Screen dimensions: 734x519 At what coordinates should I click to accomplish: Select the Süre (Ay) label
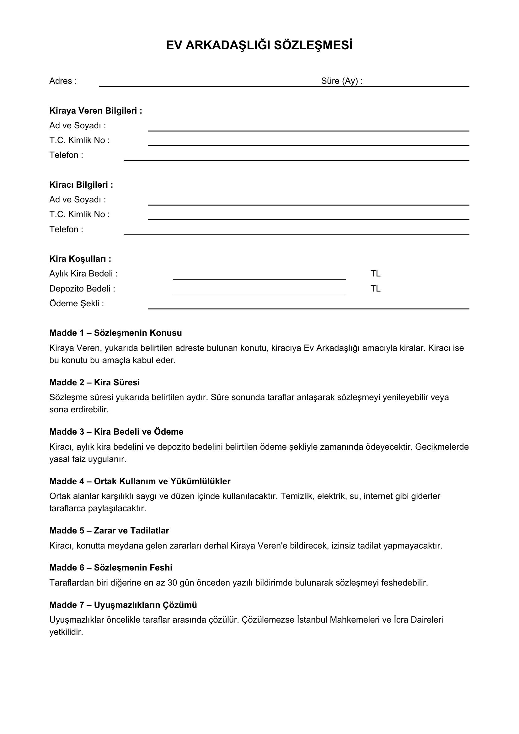pos(342,81)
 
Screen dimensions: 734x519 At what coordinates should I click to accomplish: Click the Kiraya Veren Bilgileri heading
pos(96,111)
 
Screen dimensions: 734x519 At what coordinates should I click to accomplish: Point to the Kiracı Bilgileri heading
pos(81,185)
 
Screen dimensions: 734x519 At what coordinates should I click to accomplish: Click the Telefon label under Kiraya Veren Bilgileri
pos(66,155)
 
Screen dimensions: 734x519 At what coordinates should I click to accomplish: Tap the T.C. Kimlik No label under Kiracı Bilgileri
pos(79,215)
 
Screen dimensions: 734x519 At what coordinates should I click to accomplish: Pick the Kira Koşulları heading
pos(80,259)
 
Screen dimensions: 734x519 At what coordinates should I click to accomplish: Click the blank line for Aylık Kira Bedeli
pos(259,277)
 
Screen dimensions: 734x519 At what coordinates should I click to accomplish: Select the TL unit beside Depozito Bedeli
pos(376,289)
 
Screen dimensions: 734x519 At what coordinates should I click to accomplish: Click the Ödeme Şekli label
pos(77,304)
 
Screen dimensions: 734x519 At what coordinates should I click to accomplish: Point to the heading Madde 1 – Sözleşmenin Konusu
pos(115,333)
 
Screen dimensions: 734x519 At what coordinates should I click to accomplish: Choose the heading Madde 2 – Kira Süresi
pos(94,383)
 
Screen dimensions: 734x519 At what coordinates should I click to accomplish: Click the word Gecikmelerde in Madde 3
pos(442,447)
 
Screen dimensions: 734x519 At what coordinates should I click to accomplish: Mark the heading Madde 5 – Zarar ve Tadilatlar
pos(109,531)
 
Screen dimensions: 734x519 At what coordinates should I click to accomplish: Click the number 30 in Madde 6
pos(172,583)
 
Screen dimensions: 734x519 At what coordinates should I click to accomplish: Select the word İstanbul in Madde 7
pos(312,620)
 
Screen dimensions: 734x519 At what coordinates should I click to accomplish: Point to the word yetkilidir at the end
pos(66,632)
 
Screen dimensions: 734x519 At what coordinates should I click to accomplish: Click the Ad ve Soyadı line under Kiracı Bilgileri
pos(308,202)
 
